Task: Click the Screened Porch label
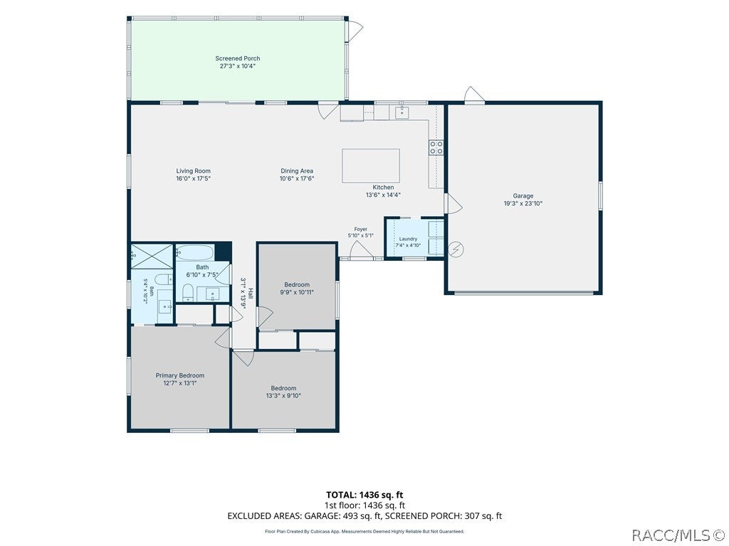pos(238,58)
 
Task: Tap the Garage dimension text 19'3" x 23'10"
pos(523,203)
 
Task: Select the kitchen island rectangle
pos(371,166)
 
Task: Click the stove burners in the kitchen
pos(436,148)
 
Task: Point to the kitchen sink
pos(402,112)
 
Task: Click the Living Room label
pos(194,171)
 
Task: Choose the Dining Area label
pos(297,171)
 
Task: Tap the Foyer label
pos(361,230)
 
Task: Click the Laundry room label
pos(408,239)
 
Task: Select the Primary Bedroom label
pos(180,375)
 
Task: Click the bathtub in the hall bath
pos(195,253)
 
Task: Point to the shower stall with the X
pos(152,256)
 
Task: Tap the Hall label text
pos(251,293)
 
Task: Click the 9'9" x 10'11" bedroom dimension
pos(297,292)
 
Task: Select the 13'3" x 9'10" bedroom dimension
pos(283,396)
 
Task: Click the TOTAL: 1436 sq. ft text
pos(364,495)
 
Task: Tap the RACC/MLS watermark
pos(678,535)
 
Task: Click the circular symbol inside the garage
pos(456,250)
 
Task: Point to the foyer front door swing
pos(362,250)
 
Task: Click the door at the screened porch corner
pos(356,30)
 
